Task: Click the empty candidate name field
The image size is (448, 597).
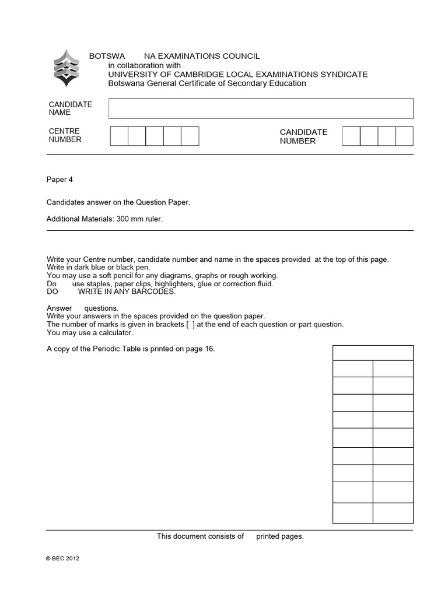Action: pyautogui.click(x=261, y=108)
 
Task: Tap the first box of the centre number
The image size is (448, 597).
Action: pyautogui.click(x=119, y=136)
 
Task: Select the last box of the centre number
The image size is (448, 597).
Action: pyautogui.click(x=190, y=136)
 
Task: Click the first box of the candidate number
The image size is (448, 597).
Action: pyautogui.click(x=351, y=136)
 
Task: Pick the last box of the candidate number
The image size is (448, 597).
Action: pyautogui.click(x=404, y=136)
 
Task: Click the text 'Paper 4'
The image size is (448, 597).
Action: pyautogui.click(x=60, y=180)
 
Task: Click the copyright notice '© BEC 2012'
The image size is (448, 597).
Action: pyautogui.click(x=62, y=558)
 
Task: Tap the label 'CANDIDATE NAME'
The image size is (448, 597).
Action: pyautogui.click(x=70, y=108)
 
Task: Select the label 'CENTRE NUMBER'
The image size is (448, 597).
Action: pyautogui.click(x=65, y=135)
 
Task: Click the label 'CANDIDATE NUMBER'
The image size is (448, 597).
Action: pyautogui.click(x=303, y=136)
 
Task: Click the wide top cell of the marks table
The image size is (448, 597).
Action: pyautogui.click(x=373, y=353)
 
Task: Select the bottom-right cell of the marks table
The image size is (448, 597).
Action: pyautogui.click(x=393, y=513)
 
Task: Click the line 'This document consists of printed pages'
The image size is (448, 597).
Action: pyautogui.click(x=230, y=536)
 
